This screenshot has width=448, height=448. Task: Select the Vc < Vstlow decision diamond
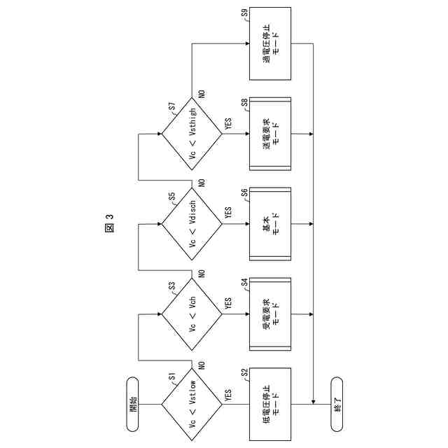coord(192,404)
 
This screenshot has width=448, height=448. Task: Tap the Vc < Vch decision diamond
coord(192,314)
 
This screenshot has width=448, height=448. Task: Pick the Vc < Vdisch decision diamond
coord(192,224)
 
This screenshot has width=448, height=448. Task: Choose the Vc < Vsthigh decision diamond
coord(192,134)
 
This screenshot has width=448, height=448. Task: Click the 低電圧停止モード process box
coord(270,404)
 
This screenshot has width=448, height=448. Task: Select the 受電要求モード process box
coord(270,314)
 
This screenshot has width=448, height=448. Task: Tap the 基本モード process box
coord(270,224)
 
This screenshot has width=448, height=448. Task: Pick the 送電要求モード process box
coord(270,134)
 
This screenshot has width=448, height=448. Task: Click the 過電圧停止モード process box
coord(270,44)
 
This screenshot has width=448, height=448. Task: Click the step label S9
coord(244,13)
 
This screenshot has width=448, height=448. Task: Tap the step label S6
coord(244,192)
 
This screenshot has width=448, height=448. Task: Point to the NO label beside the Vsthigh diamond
coord(202,94)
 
